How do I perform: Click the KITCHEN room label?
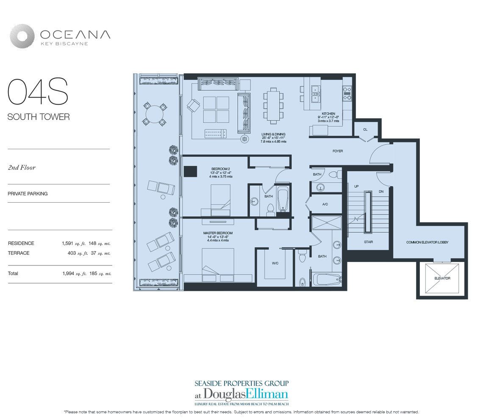click(x=328, y=114)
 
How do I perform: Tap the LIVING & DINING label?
click(x=273, y=134)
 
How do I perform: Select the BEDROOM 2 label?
click(x=220, y=169)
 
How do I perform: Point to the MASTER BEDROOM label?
click(x=218, y=233)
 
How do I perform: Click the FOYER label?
click(x=338, y=151)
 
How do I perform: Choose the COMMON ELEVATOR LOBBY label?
click(x=427, y=242)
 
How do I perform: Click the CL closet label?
click(x=365, y=129)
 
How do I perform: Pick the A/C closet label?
click(x=325, y=204)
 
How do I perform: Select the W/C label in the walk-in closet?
click(x=275, y=263)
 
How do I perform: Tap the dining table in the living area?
click(x=273, y=104)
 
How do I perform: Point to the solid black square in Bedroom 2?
click(x=190, y=171)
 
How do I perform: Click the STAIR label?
click(x=369, y=242)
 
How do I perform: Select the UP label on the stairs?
click(x=356, y=187)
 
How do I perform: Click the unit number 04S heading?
click(x=38, y=92)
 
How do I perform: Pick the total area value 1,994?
click(x=68, y=273)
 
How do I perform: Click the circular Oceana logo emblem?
click(x=22, y=36)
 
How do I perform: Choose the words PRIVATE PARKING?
click(x=28, y=194)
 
